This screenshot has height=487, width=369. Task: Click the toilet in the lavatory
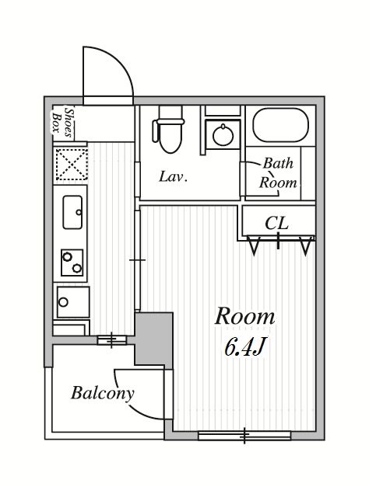click(168, 129)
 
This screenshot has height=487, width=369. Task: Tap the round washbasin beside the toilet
click(223, 134)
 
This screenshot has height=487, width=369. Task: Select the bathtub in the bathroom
click(281, 125)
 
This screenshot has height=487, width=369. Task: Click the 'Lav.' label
click(173, 177)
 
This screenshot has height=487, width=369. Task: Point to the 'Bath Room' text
click(278, 173)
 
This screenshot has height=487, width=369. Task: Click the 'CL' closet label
click(276, 223)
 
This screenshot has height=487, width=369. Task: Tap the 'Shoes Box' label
click(62, 123)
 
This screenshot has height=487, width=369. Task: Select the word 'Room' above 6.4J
click(244, 316)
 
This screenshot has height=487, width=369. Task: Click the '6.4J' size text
click(244, 346)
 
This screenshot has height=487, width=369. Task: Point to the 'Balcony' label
click(103, 393)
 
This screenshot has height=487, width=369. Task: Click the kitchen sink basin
click(72, 212)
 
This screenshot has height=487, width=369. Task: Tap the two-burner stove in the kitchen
click(72, 263)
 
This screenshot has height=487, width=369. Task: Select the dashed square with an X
click(72, 164)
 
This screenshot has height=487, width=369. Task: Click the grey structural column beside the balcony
click(154, 340)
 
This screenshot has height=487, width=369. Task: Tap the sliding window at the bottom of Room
click(244, 436)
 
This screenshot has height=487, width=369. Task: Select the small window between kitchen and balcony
click(112, 340)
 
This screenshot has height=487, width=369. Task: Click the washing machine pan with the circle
click(73, 302)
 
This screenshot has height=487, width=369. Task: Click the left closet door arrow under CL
click(254, 245)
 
